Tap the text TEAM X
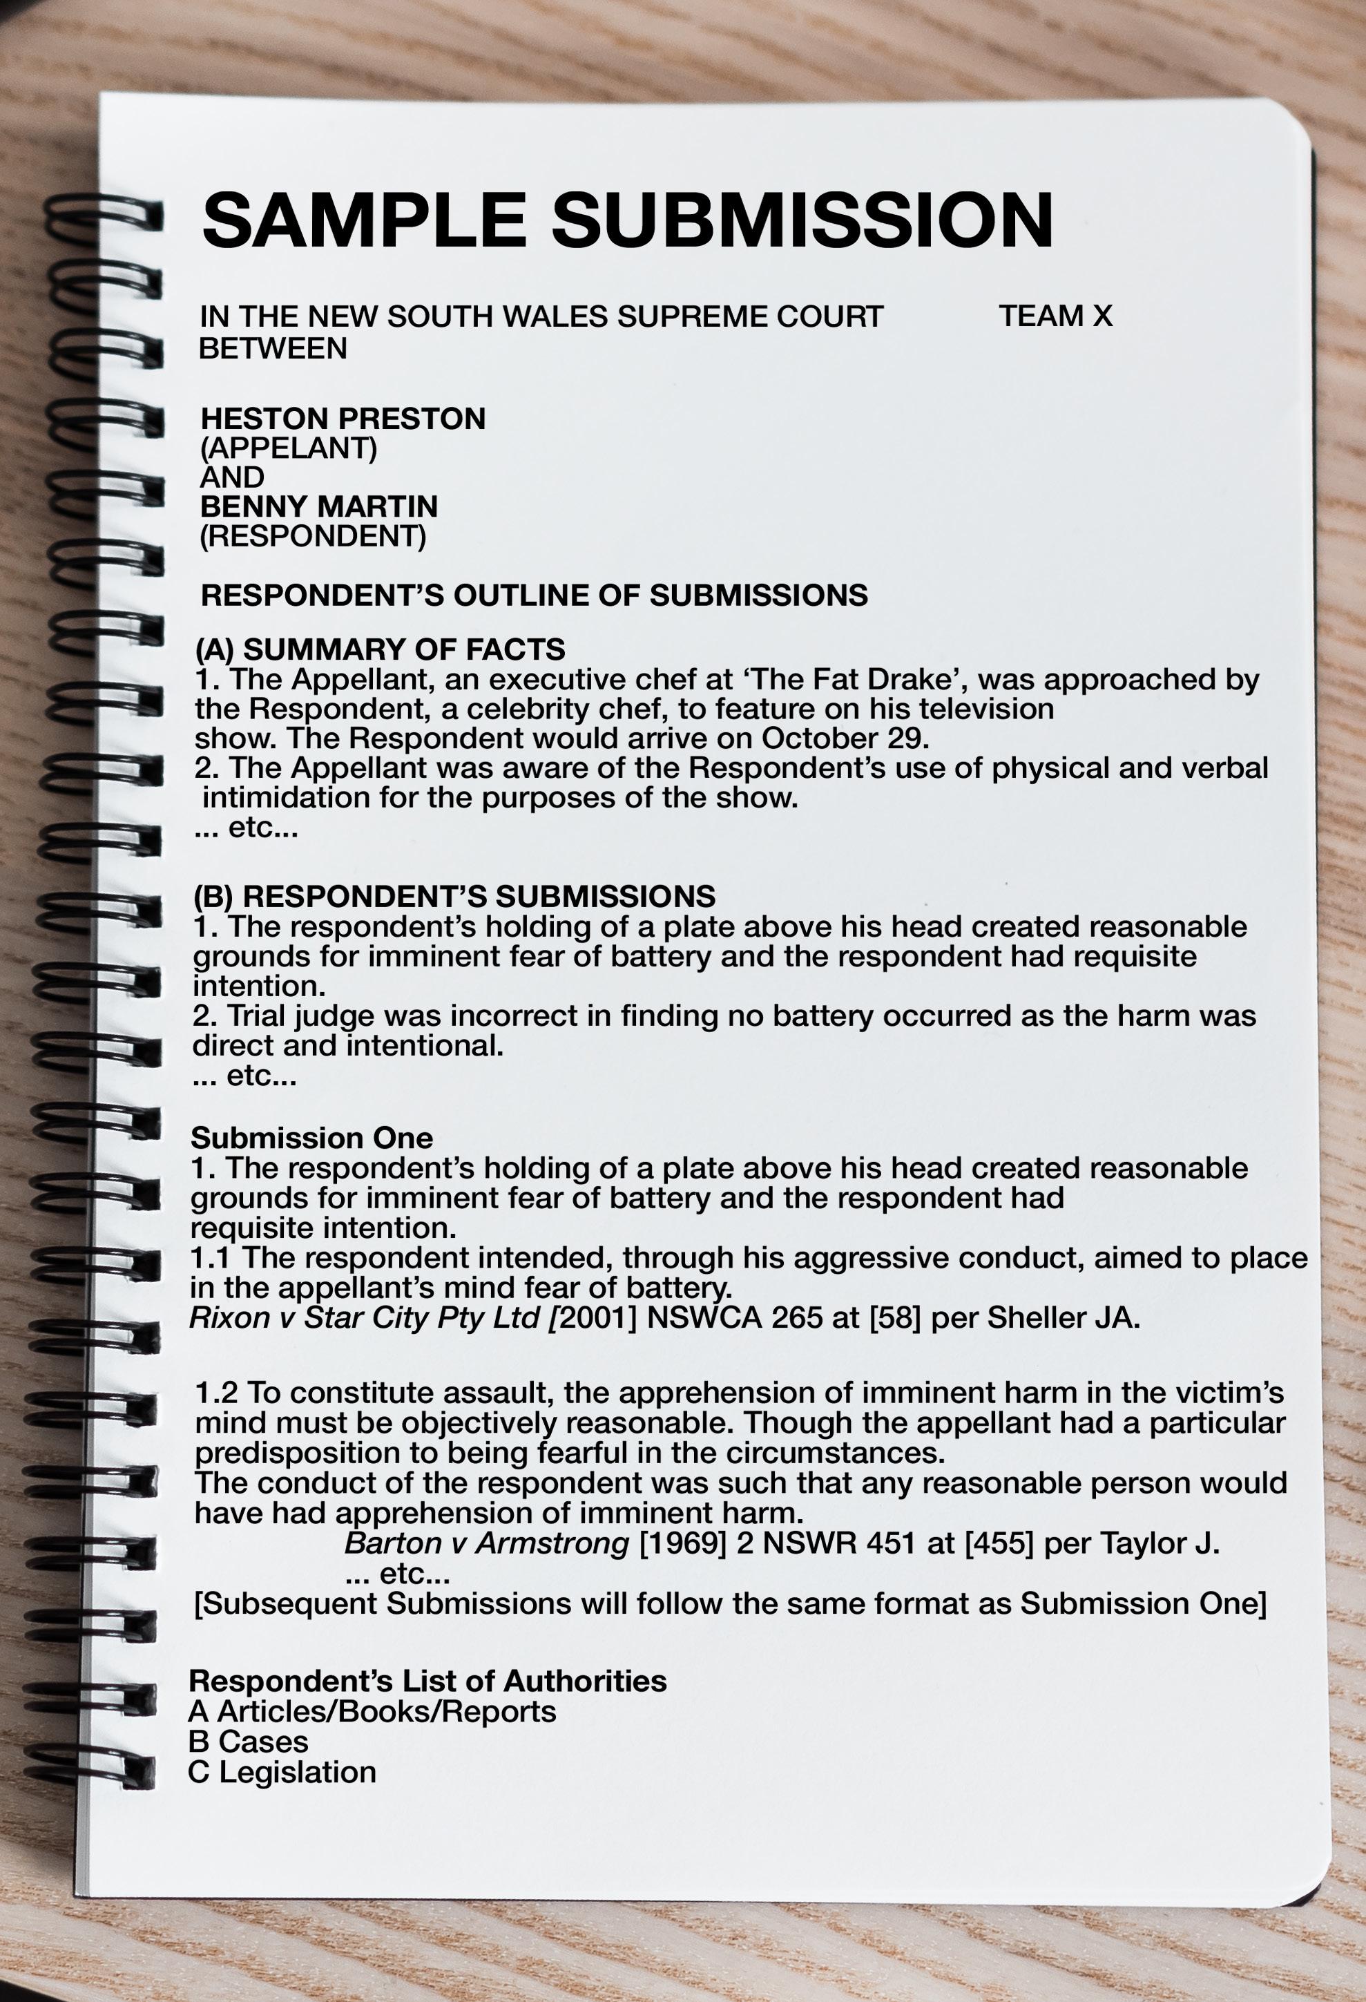[1055, 316]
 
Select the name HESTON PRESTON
[343, 419]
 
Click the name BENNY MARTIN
[318, 506]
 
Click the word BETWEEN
[273, 348]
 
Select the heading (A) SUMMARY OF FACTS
[380, 649]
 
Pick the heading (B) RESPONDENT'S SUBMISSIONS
[454, 896]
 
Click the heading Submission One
[311, 1138]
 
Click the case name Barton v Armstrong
[487, 1543]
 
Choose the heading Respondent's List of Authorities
[427, 1681]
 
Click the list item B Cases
[248, 1741]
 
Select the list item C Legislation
[282, 1772]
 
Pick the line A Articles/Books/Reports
[372, 1711]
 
